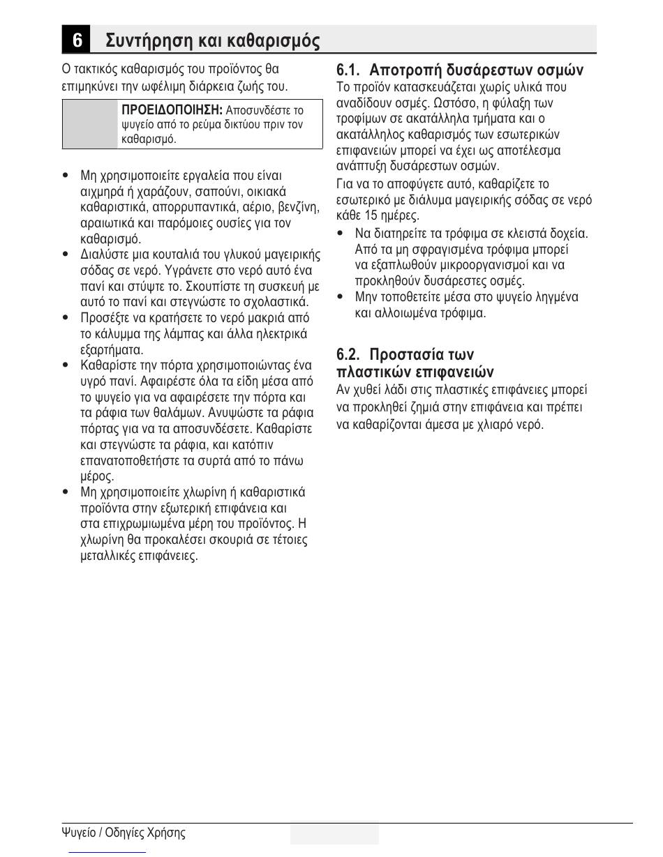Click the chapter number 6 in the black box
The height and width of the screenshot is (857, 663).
tap(77, 40)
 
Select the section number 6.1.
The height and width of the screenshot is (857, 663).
tap(348, 70)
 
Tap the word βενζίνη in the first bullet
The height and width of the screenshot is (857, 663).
tap(299, 207)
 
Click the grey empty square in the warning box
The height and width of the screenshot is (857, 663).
tap(90, 123)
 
